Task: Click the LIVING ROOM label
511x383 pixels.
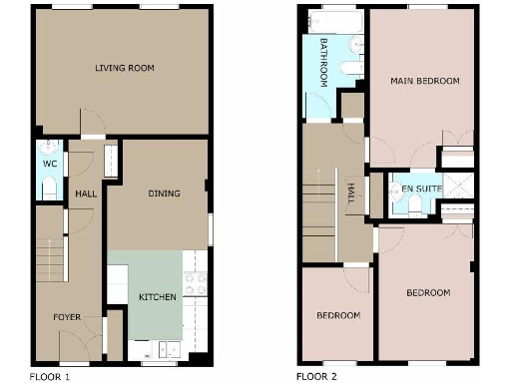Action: (124, 69)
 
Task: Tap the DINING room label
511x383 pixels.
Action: (164, 193)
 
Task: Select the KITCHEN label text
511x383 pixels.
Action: (158, 297)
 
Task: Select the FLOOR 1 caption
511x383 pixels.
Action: (51, 377)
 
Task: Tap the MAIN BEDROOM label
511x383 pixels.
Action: (424, 81)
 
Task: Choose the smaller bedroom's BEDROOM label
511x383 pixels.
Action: (338, 316)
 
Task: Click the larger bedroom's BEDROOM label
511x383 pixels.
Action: (427, 293)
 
